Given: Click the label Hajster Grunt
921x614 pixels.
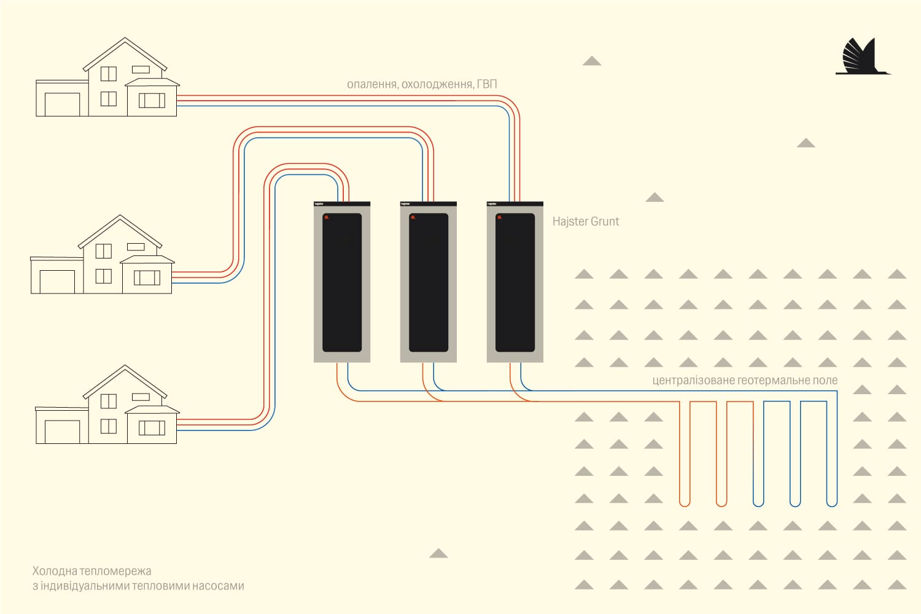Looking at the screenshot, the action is click(586, 221).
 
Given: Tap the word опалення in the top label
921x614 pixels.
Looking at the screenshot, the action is click(373, 84).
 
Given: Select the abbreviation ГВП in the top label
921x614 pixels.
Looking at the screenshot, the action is click(487, 84).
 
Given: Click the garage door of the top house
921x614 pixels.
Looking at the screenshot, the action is click(62, 104).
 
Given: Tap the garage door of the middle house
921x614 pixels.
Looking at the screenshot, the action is click(57, 282).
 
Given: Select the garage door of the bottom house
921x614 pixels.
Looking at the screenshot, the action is click(62, 432).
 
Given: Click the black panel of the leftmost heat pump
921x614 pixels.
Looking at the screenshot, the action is click(342, 282).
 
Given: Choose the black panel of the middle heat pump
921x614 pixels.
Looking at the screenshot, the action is click(429, 282).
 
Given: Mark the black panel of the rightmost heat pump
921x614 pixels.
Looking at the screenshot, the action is click(515, 282).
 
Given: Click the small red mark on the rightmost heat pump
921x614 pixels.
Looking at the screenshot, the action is click(500, 217).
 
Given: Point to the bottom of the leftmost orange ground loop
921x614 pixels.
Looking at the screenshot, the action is click(685, 505).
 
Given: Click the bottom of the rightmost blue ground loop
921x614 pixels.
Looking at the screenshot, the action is click(832, 505).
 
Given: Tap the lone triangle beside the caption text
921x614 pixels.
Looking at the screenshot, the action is click(438, 553).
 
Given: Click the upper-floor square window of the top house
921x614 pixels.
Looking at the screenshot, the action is click(109, 74).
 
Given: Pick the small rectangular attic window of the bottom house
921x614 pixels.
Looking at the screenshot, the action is click(141, 397).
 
